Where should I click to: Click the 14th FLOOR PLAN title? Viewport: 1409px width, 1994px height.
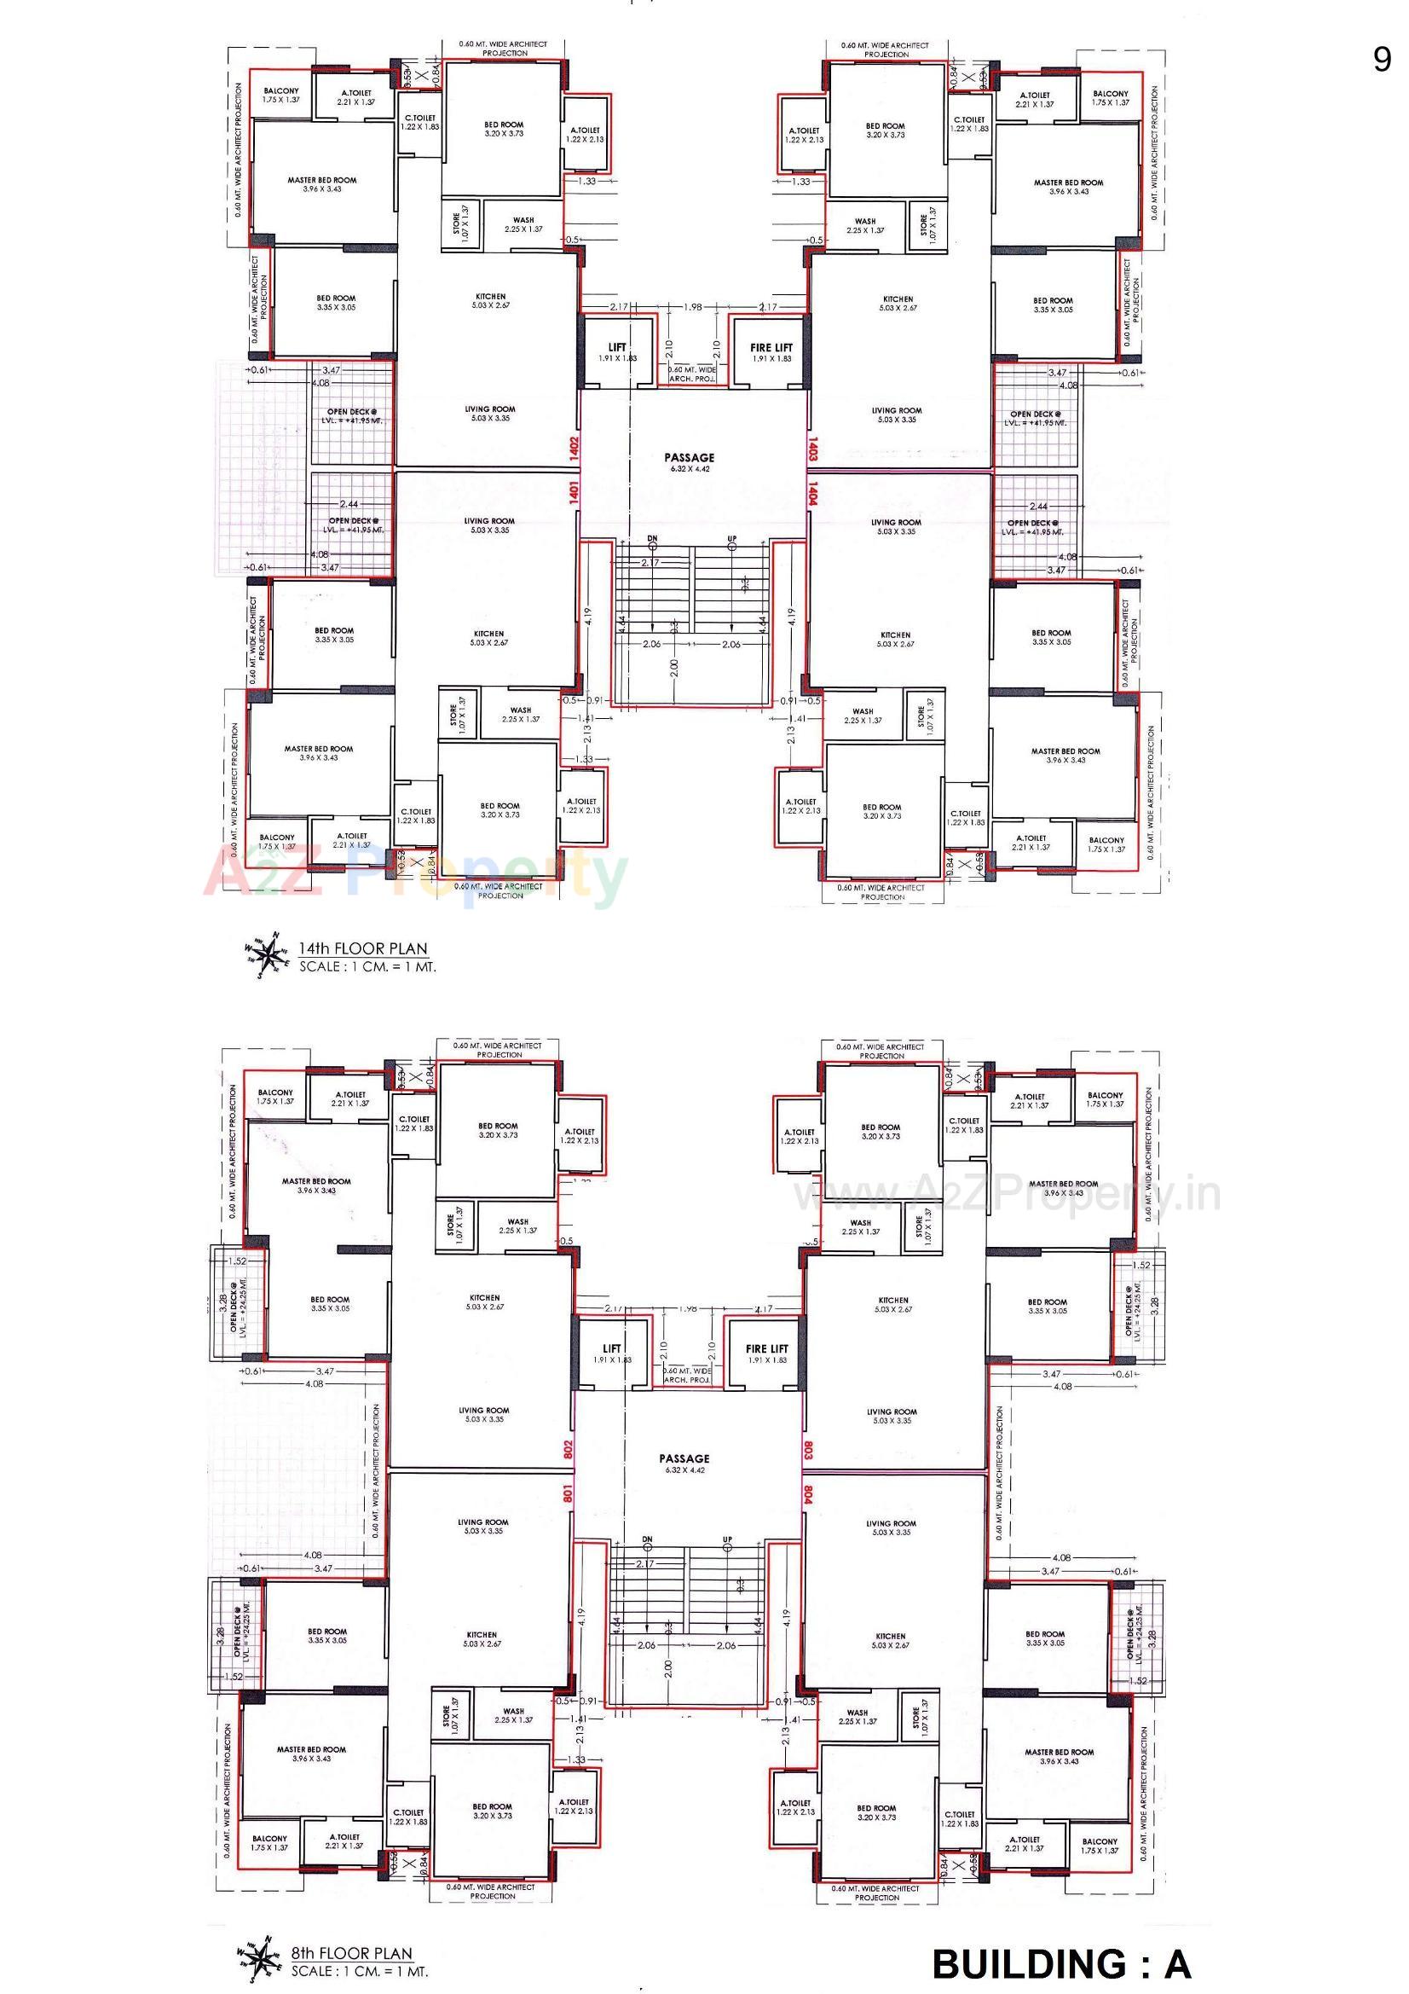tap(363, 948)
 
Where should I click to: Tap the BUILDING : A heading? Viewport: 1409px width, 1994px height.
tap(1061, 1963)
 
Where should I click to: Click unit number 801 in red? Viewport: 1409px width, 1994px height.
tap(568, 1492)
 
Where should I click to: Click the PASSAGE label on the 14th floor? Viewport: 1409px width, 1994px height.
tap(690, 458)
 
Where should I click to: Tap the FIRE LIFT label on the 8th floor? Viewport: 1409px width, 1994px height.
tap(767, 1348)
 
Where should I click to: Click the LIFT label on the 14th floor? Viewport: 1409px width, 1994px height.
tap(617, 347)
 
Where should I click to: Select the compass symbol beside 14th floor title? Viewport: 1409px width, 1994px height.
tap(269, 955)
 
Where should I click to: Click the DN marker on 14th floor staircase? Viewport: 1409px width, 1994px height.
tap(652, 539)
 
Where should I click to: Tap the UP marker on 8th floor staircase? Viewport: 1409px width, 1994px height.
tap(727, 1539)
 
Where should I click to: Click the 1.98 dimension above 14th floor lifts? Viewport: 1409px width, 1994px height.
tap(692, 306)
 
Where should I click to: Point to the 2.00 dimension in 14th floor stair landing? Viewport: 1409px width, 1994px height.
tap(673, 669)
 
